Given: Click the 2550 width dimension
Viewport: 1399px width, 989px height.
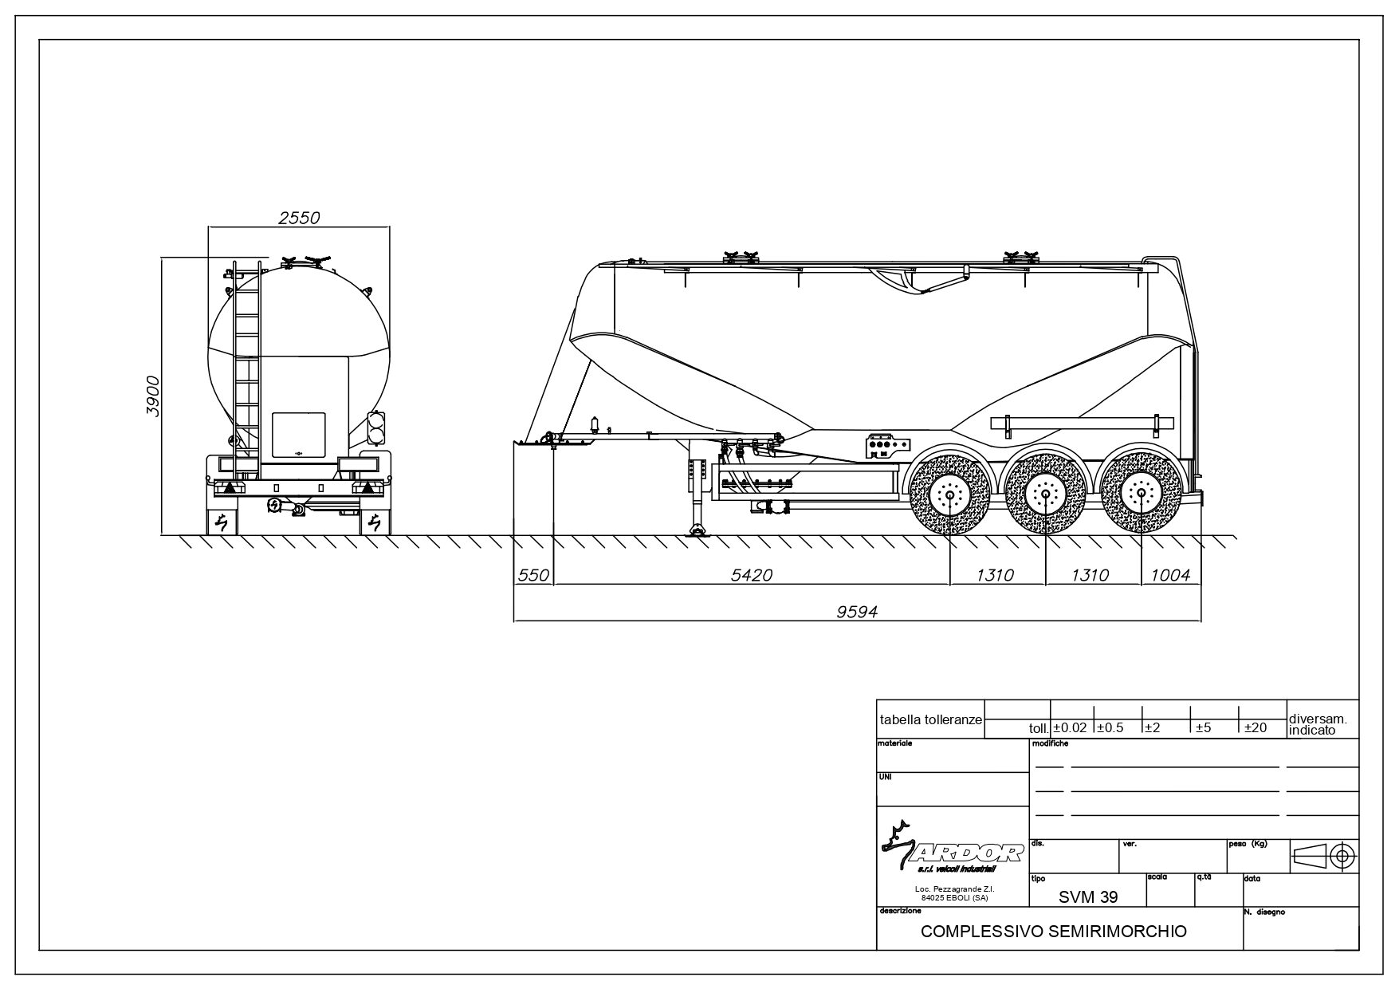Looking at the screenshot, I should (x=299, y=217).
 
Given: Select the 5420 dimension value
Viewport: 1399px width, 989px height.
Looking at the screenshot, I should (x=752, y=574).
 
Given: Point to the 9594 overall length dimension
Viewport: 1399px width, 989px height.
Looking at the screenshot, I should (x=857, y=611).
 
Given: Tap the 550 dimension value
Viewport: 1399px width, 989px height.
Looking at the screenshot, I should (x=533, y=574).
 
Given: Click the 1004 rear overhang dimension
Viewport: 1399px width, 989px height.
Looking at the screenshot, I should (x=1170, y=574).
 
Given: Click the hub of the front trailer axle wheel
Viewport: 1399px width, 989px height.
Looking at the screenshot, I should (x=949, y=495).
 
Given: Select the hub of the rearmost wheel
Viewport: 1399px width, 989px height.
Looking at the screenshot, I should (x=1142, y=494).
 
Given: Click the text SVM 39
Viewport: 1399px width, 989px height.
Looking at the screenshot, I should (x=1087, y=896).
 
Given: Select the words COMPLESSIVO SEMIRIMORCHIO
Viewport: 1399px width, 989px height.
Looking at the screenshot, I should (x=1053, y=932).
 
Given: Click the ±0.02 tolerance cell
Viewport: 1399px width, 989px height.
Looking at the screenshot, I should (x=1071, y=727).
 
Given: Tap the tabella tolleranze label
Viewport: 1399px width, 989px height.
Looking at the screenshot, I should (x=930, y=719).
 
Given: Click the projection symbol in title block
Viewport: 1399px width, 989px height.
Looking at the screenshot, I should (x=1324, y=856).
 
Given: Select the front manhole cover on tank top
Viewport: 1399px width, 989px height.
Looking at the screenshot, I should (x=740, y=257).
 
